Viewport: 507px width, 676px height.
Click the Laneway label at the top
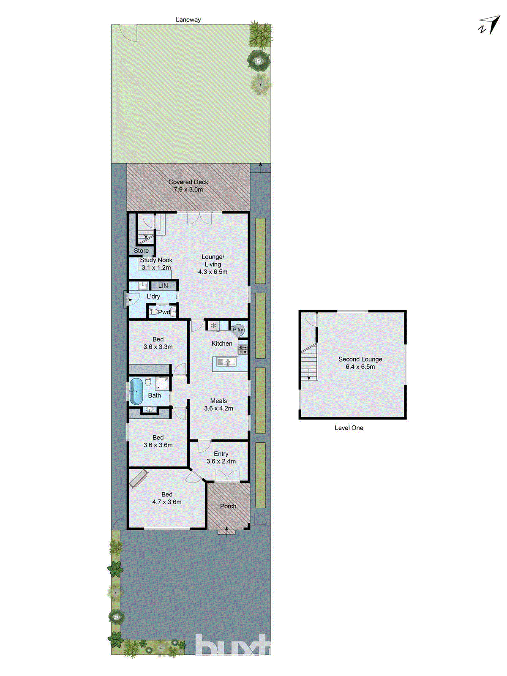point(188,20)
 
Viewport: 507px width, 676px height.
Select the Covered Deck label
point(188,182)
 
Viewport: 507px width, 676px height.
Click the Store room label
point(141,251)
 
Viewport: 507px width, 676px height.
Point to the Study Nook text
point(156,260)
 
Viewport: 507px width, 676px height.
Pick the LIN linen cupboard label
point(163,286)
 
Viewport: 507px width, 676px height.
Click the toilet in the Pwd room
point(154,312)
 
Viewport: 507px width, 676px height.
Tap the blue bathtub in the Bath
point(136,391)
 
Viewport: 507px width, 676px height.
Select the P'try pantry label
point(238,330)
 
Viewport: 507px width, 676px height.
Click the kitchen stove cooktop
point(243,349)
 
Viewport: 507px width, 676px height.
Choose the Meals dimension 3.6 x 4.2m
point(218,409)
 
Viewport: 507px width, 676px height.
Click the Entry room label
point(221,454)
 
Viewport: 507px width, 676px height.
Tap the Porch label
point(228,506)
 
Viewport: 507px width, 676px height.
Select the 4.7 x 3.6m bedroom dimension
point(167,502)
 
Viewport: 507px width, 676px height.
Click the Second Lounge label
point(360,359)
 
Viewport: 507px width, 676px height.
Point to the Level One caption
point(349,428)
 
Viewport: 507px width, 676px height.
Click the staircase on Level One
point(310,362)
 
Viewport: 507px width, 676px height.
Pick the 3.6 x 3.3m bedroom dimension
point(158,347)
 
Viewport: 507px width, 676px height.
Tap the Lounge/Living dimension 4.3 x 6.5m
point(213,272)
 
